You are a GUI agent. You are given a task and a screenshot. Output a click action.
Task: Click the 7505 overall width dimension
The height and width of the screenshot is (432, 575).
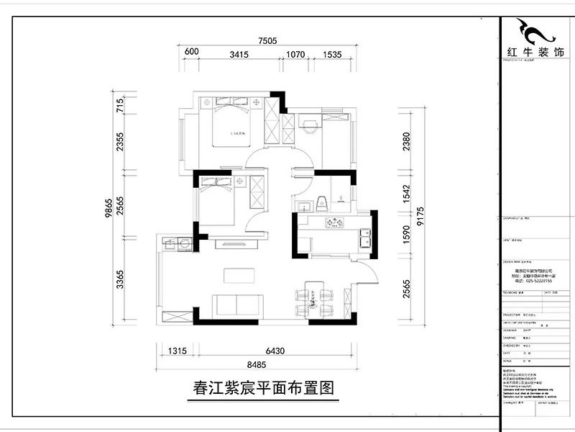pos(268,41)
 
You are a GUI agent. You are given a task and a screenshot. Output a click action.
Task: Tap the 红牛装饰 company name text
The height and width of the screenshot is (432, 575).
pos(536,56)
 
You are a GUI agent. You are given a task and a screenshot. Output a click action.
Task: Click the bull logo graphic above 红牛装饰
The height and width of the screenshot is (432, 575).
pos(536,31)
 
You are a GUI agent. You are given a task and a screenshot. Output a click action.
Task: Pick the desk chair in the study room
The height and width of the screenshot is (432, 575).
pos(308,127)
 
